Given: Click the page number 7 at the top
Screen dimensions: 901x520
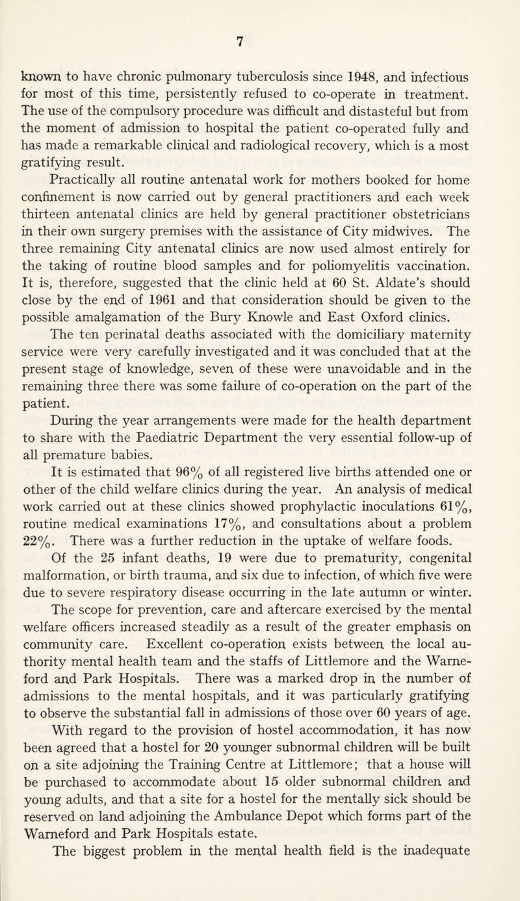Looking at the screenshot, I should [x=259, y=41].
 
